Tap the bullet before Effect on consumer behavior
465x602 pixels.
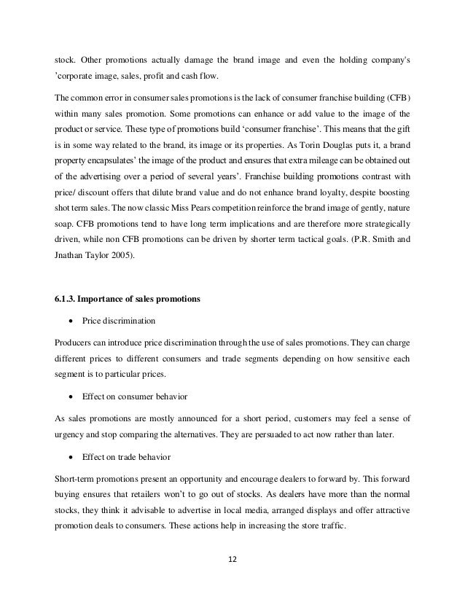coord(71,396)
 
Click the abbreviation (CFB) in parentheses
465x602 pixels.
coord(396,97)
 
